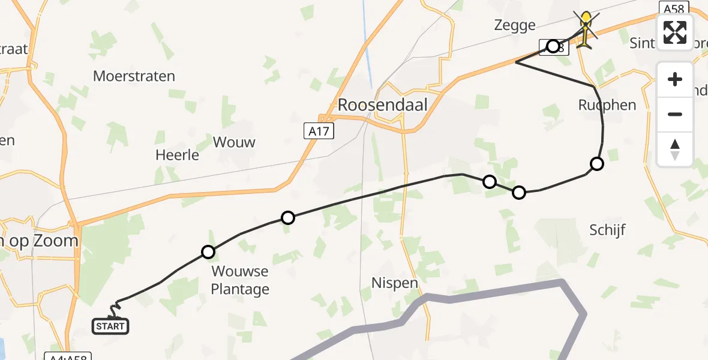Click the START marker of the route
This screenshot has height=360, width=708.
tap(110, 326)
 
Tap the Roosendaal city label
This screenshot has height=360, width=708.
tap(383, 105)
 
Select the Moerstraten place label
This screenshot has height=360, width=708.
tap(134, 76)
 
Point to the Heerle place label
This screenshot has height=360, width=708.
tap(177, 155)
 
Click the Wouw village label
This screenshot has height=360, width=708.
tap(234, 142)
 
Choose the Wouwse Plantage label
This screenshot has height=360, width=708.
tap(240, 280)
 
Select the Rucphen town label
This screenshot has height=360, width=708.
tap(607, 105)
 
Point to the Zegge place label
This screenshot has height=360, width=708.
tap(514, 25)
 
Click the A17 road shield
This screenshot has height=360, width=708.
tap(318, 131)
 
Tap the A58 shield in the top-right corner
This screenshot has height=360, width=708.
tap(673, 8)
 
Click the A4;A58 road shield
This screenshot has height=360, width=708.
tap(68, 356)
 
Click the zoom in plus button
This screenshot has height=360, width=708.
tap(675, 80)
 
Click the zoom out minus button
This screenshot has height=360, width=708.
tap(675, 114)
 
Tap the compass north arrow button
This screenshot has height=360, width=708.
tap(675, 149)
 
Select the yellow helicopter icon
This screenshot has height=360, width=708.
tap(586, 28)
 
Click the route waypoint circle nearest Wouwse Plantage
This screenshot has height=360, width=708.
tap(208, 252)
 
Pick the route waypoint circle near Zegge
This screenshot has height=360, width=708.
tap(553, 46)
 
